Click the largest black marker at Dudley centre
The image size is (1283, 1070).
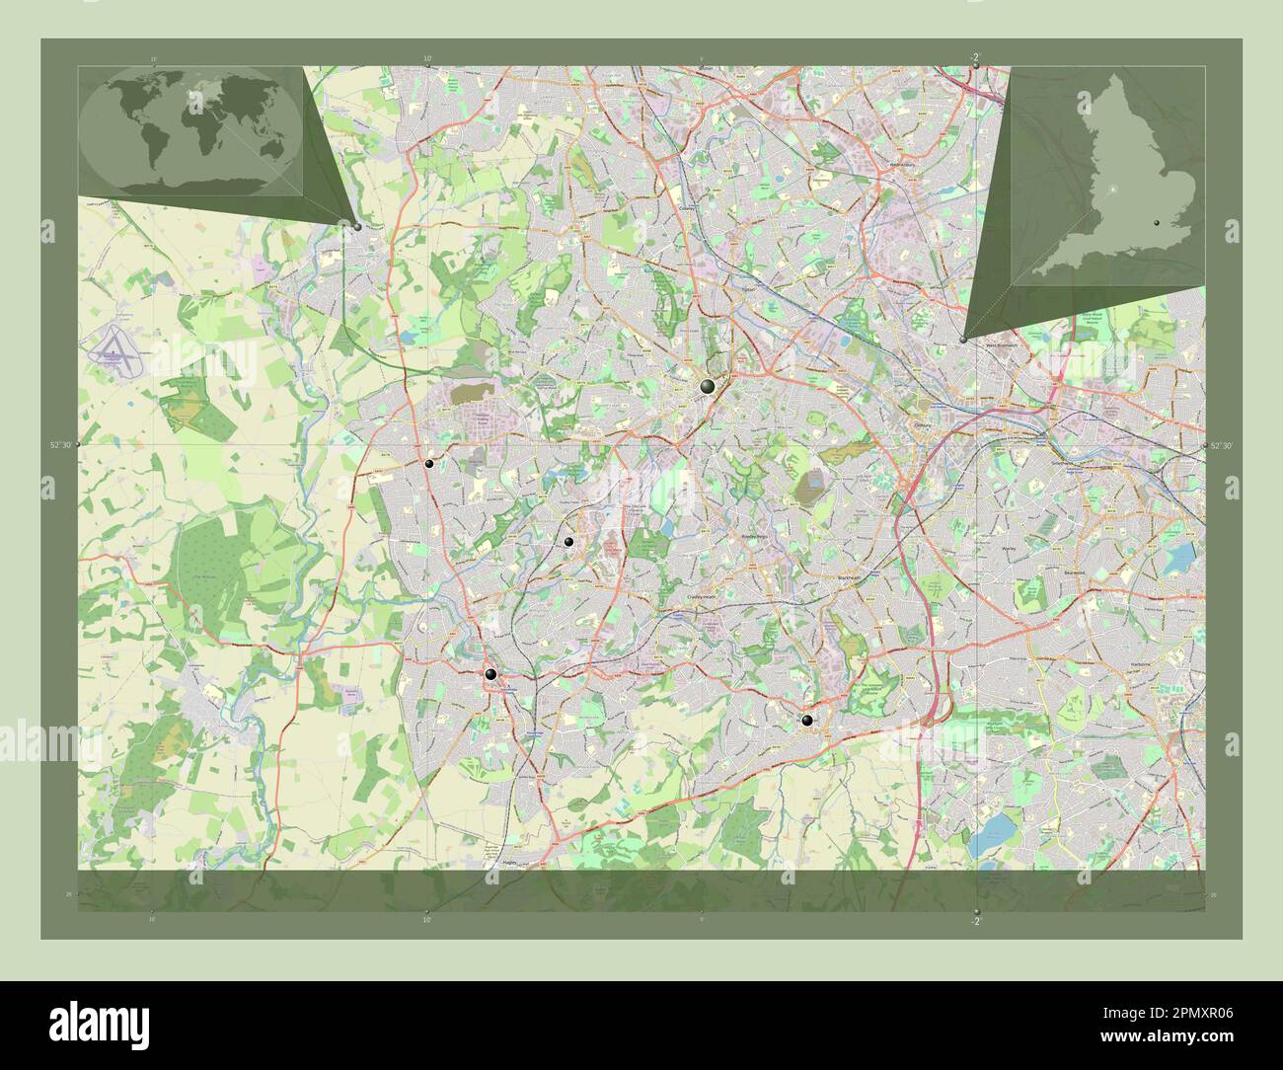707,387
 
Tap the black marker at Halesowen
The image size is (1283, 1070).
807,722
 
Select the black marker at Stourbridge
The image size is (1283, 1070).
491,675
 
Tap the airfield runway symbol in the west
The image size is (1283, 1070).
116,349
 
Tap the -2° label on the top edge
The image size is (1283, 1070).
975,56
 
